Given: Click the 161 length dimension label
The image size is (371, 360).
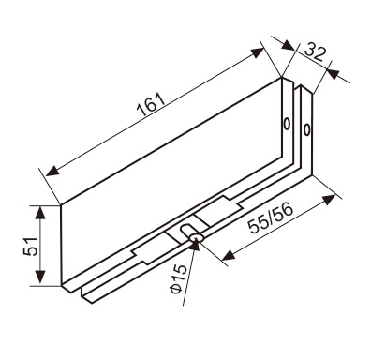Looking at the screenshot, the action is pyautogui.click(x=151, y=104).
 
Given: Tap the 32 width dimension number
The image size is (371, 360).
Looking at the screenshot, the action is pyautogui.click(x=315, y=52).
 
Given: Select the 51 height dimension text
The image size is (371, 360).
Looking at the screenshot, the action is pyautogui.click(x=31, y=246).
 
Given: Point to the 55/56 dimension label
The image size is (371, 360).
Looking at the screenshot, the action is pyautogui.click(x=271, y=217).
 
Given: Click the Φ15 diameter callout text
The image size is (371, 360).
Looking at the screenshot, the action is pyautogui.click(x=179, y=278).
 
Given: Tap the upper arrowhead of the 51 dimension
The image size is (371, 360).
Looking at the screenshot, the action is pyautogui.click(x=39, y=214).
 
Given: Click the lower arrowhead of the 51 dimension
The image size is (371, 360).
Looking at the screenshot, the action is pyautogui.click(x=39, y=277).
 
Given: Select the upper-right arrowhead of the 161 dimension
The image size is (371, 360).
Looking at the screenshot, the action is pyautogui.click(x=256, y=52).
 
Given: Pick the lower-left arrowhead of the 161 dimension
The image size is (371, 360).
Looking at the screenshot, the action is pyautogui.click(x=52, y=171).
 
